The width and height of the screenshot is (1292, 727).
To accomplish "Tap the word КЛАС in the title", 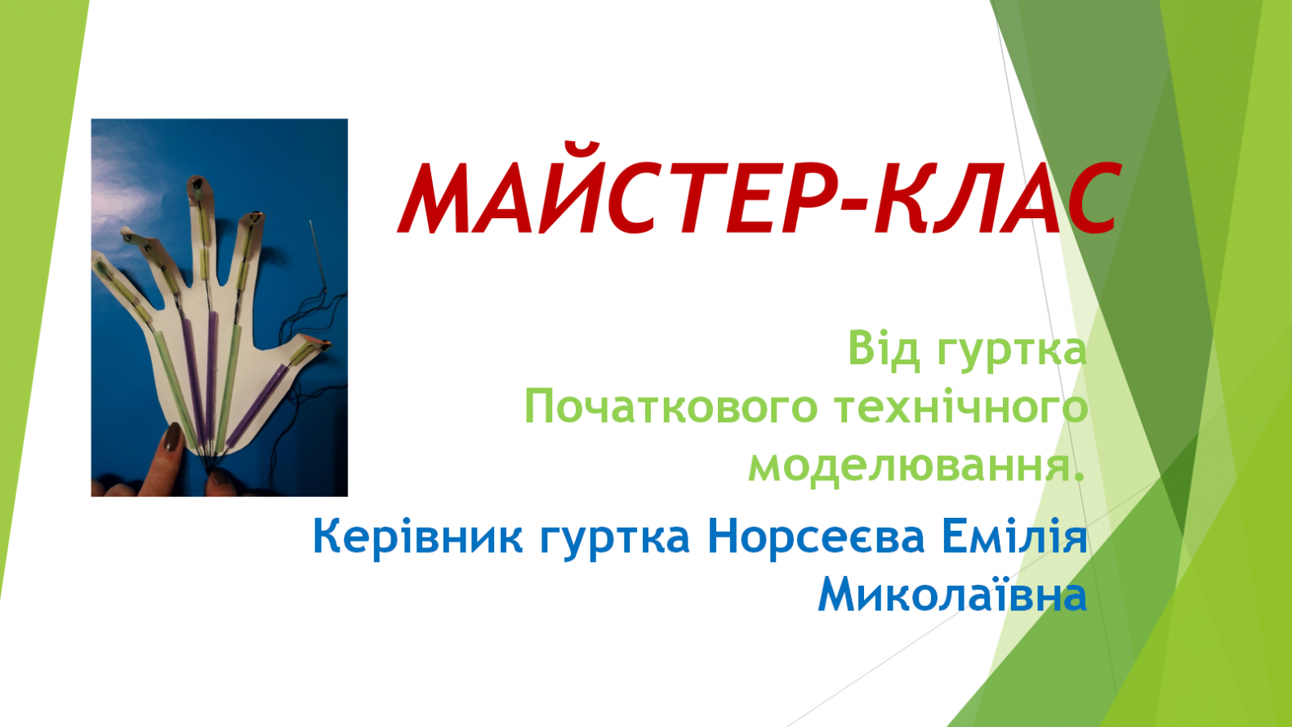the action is tap(999, 197).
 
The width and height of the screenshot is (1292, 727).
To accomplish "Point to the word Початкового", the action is tap(671, 406).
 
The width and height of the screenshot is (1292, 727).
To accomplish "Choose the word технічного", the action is tap(961, 408).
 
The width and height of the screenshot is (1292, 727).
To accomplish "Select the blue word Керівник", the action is tap(417, 537).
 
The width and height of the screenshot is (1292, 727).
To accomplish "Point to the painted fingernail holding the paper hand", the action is tap(172, 438).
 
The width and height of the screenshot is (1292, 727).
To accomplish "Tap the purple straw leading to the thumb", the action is tap(257, 404).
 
